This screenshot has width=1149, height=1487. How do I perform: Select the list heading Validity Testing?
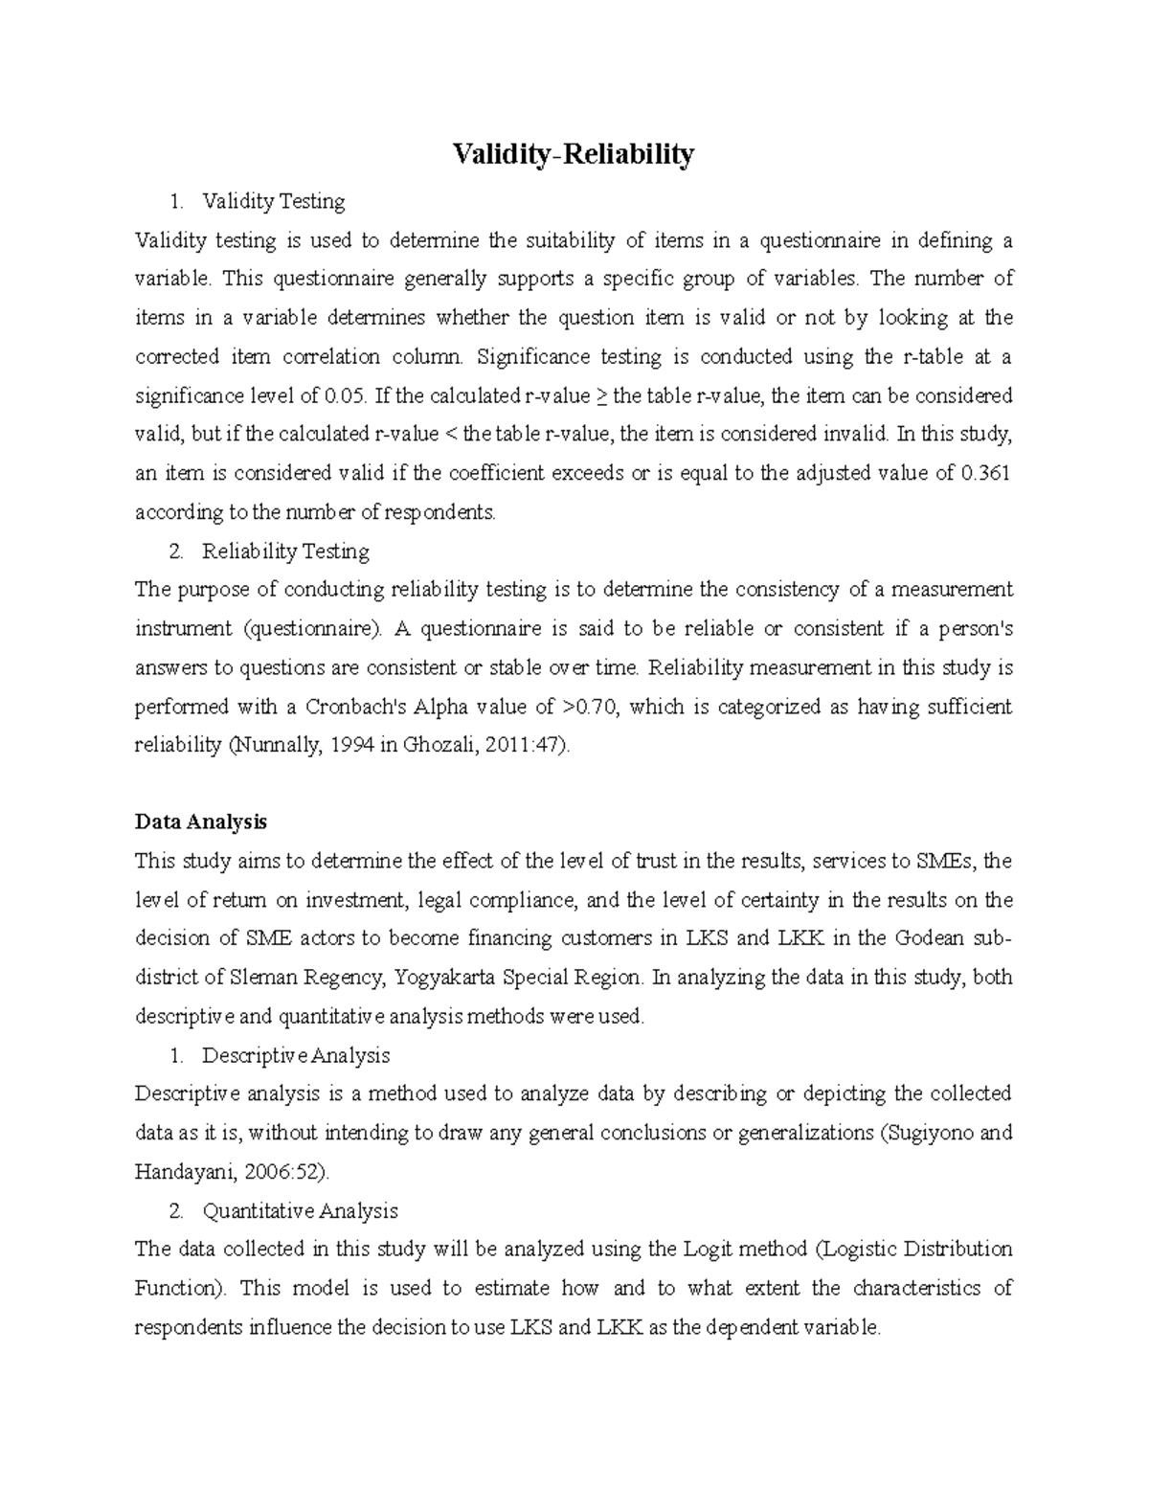[x=273, y=201]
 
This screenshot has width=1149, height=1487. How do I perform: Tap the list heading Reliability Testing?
[x=285, y=552]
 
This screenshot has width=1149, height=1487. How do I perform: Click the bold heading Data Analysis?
[x=201, y=822]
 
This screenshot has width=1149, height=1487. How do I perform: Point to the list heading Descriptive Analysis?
[x=296, y=1055]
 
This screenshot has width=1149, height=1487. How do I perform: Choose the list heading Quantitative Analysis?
[x=300, y=1211]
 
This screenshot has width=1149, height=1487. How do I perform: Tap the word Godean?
[x=931, y=938]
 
